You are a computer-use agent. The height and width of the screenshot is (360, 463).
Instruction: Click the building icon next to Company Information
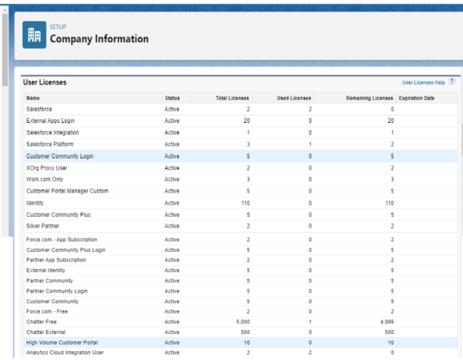(34, 35)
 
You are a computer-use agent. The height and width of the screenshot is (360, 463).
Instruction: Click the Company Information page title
(99, 39)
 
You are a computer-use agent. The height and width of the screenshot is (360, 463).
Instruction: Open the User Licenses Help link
(423, 83)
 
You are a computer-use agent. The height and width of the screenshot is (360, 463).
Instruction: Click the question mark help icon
(452, 82)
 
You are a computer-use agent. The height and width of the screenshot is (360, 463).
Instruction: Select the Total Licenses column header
(233, 98)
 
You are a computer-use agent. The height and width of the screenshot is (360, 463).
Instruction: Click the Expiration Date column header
(417, 98)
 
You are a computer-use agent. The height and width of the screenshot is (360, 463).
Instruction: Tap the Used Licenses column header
(294, 98)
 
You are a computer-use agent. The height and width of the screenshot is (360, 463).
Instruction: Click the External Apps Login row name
(54, 120)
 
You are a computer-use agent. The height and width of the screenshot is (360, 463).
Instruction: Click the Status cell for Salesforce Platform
(172, 144)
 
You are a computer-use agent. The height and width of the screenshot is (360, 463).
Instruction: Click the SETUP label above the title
(58, 27)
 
